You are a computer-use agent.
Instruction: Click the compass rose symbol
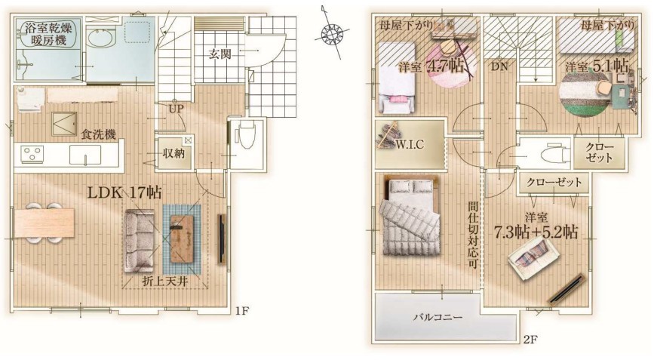[333, 33]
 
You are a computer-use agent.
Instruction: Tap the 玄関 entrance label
[220, 54]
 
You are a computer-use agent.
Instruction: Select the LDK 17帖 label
[124, 192]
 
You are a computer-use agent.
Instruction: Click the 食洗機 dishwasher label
[98, 134]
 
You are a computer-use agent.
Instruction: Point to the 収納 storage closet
[174, 153]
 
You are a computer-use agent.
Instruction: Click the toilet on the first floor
[245, 137]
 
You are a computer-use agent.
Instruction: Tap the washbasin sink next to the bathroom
[100, 41]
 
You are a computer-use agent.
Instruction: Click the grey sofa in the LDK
[139, 241]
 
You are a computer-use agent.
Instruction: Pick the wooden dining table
[44, 223]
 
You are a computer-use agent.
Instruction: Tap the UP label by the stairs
[177, 109]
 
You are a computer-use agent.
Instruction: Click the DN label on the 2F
[499, 66]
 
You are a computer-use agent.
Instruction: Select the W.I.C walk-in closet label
[409, 144]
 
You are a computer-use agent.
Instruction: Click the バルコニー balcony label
[438, 317]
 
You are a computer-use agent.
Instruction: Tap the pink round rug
[452, 63]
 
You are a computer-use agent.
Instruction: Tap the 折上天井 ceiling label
[165, 282]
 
